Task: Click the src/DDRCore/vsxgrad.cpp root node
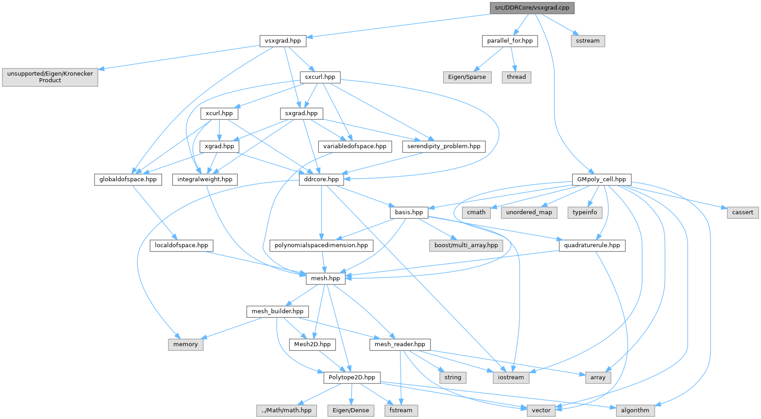click(x=532, y=8)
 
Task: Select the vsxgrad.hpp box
click(x=283, y=41)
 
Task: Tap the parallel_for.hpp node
click(x=510, y=41)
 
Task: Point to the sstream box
click(x=588, y=41)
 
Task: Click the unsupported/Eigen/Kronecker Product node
click(x=50, y=77)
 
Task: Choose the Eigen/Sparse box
click(x=467, y=77)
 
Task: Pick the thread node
click(x=516, y=77)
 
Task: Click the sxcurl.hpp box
click(x=320, y=77)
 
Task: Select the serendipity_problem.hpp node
click(x=444, y=146)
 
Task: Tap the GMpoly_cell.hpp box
click(x=602, y=179)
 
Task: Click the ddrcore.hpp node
click(x=321, y=179)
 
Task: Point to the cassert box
click(x=743, y=212)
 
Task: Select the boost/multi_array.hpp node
click(x=466, y=245)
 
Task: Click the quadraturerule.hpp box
click(x=592, y=245)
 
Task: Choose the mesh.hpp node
click(x=326, y=278)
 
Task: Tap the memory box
click(x=186, y=344)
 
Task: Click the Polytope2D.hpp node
click(x=352, y=377)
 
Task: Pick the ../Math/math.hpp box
click(x=287, y=410)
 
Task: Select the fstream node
click(x=401, y=410)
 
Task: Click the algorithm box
click(x=635, y=410)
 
